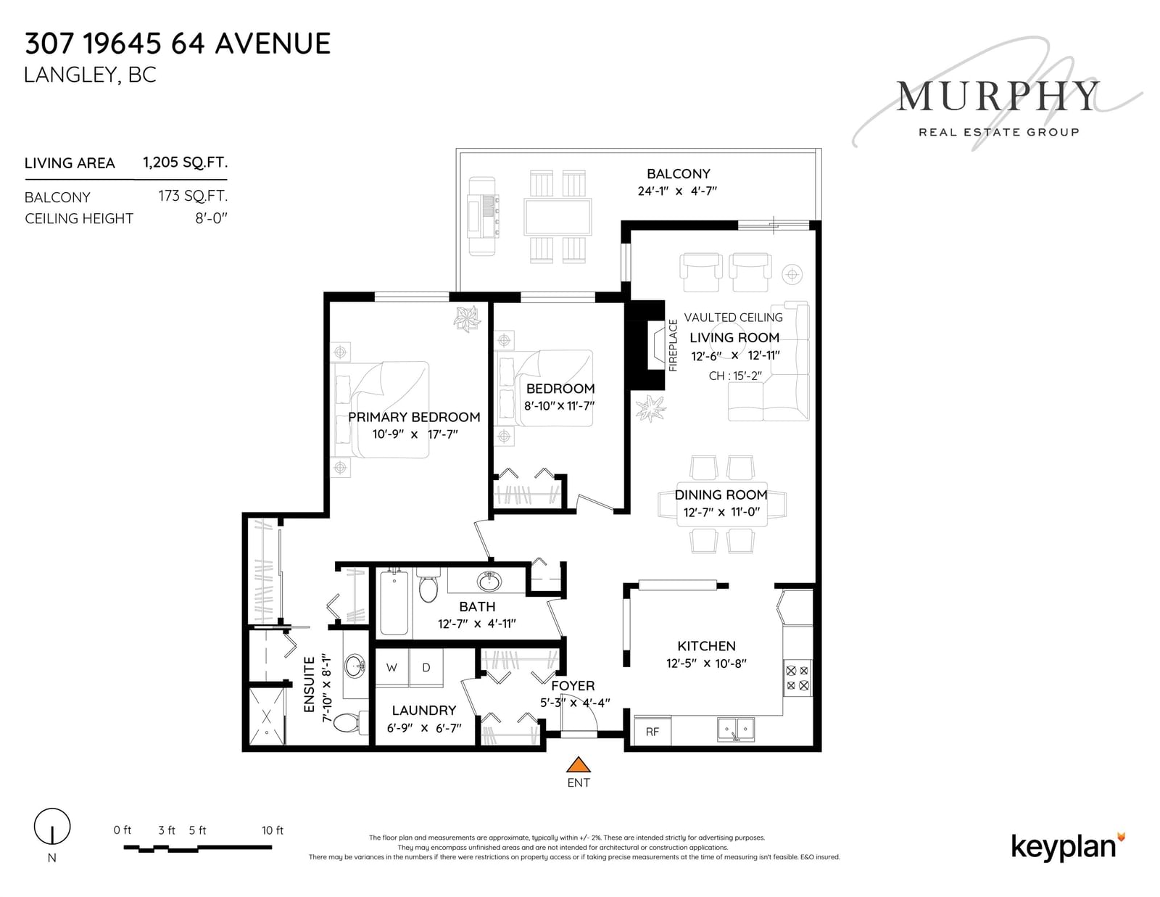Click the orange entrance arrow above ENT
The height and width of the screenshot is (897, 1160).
pos(578,765)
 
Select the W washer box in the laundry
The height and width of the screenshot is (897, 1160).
pos(392,667)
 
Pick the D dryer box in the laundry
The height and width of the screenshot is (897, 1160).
pos(426,667)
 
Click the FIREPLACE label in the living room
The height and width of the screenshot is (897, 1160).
pos(673,345)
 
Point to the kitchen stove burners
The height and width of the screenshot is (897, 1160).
pos(797,678)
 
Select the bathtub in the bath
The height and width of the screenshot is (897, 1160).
pos(394,603)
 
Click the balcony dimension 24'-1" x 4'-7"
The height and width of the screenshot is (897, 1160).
pos(677,191)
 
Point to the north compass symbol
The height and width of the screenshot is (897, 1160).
pos(52,827)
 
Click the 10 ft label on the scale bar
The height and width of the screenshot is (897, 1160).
pos(273,830)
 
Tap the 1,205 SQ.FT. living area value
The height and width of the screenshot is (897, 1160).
pos(185,162)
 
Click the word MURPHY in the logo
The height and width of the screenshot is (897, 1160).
pos(997,96)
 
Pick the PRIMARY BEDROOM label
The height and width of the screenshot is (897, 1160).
pos(414,417)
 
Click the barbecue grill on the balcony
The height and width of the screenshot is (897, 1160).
pos(483,215)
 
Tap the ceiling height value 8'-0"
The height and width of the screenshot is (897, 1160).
pos(212,218)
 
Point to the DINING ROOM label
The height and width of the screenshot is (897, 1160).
pos(721,495)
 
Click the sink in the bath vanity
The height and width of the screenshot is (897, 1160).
pos(489,581)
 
